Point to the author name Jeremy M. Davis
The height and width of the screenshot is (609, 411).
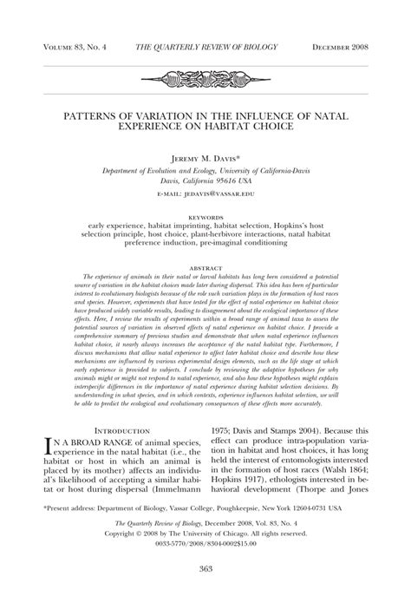click(x=205, y=160)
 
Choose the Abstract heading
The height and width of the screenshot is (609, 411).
click(x=205, y=269)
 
